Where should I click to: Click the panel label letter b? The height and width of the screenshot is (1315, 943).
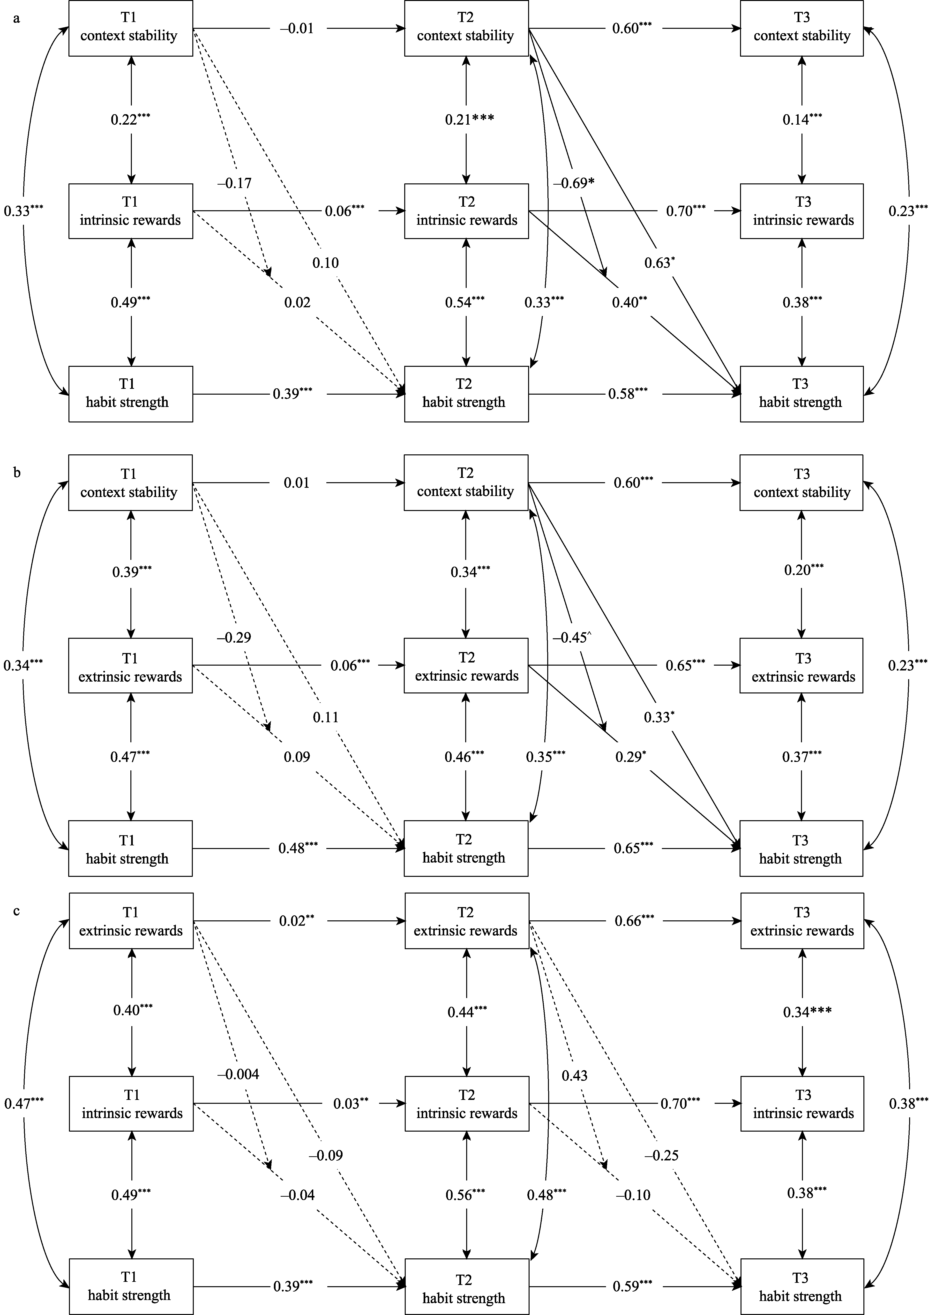(x=17, y=473)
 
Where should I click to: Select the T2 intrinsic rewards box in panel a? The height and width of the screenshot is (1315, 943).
(x=467, y=211)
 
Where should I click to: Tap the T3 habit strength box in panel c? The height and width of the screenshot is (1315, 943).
(x=801, y=1286)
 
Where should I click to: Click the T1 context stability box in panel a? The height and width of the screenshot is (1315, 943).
(x=130, y=28)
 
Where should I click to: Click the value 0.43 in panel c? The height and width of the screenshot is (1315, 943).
(x=574, y=1075)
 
